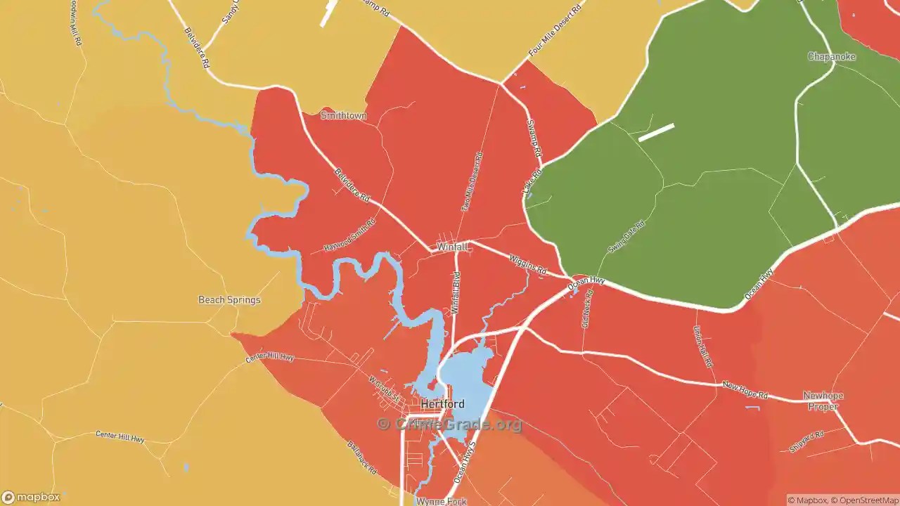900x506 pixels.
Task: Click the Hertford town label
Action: click(x=442, y=405)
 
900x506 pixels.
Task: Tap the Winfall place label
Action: click(x=451, y=247)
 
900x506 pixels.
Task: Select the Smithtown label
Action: click(x=344, y=115)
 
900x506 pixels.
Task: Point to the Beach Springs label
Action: click(x=229, y=300)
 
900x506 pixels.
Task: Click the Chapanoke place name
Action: click(x=831, y=56)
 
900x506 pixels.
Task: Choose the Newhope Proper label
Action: click(x=823, y=401)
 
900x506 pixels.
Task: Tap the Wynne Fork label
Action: click(x=441, y=501)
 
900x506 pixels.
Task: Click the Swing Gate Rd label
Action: click(x=626, y=237)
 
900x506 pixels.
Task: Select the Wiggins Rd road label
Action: click(x=528, y=264)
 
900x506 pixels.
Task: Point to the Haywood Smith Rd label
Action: click(x=349, y=235)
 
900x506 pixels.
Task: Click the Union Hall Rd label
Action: click(x=703, y=347)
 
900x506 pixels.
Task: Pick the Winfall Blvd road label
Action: click(x=456, y=293)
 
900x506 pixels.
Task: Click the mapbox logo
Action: click(x=31, y=497)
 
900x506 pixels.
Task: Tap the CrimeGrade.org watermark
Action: click(x=450, y=424)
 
